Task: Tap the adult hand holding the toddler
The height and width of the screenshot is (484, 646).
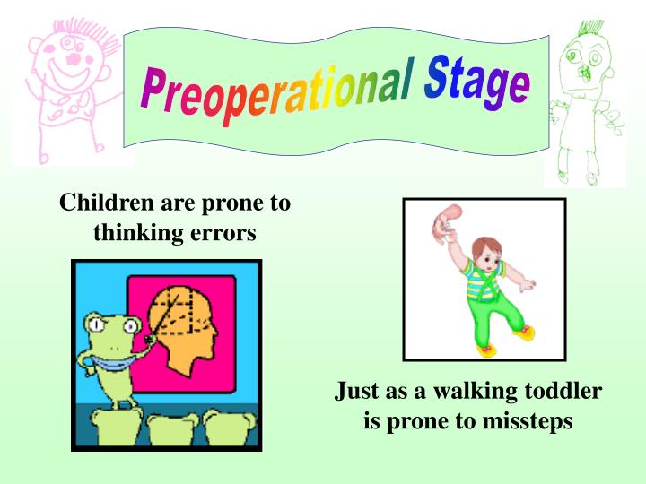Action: tap(446, 223)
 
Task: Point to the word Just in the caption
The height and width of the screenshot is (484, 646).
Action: tap(357, 392)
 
